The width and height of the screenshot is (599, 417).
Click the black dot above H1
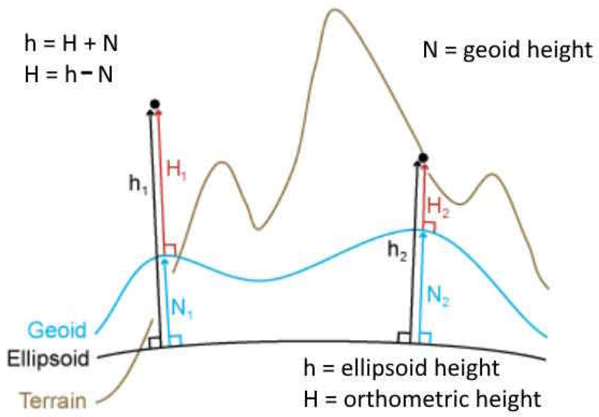(x=155, y=104)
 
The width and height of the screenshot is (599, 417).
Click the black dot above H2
(x=422, y=158)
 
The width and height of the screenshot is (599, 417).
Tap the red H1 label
(x=176, y=170)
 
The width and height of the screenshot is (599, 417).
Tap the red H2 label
(x=438, y=207)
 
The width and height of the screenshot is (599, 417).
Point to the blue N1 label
(x=182, y=308)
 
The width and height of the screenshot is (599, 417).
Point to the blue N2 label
(x=438, y=295)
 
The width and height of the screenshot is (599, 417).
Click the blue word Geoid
(x=57, y=330)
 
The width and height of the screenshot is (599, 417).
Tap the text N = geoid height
(x=507, y=50)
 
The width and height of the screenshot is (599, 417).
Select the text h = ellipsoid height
(x=401, y=368)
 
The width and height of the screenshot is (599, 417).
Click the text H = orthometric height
(x=422, y=399)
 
